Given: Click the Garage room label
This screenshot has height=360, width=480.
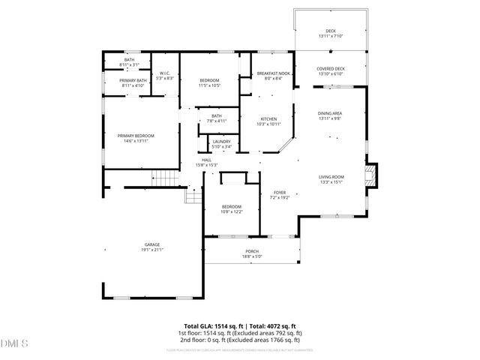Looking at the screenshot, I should pyautogui.click(x=152, y=245).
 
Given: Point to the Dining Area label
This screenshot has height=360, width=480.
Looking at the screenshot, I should pyautogui.click(x=330, y=113).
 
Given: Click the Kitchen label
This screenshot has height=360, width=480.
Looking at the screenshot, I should pyautogui.click(x=268, y=118).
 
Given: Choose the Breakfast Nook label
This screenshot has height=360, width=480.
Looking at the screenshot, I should pyautogui.click(x=269, y=73).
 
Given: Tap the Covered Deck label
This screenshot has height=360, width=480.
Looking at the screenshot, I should pyautogui.click(x=330, y=69).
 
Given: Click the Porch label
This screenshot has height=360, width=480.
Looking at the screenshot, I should pyautogui.click(x=252, y=251).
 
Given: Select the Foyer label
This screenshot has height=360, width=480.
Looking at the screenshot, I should pyautogui.click(x=279, y=193).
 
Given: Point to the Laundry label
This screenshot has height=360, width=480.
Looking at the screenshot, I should pyautogui.click(x=221, y=141).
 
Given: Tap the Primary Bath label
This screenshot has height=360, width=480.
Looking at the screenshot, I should pyautogui.click(x=133, y=80).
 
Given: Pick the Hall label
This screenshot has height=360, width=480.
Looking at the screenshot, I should pyautogui.click(x=206, y=160).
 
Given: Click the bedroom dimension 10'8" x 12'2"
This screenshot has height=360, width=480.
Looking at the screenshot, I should pyautogui.click(x=232, y=212).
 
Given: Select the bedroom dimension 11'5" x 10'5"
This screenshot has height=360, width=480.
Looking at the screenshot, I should pyautogui.click(x=209, y=85).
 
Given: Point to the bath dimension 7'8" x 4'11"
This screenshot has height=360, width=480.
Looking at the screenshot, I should pyautogui.click(x=217, y=121).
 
